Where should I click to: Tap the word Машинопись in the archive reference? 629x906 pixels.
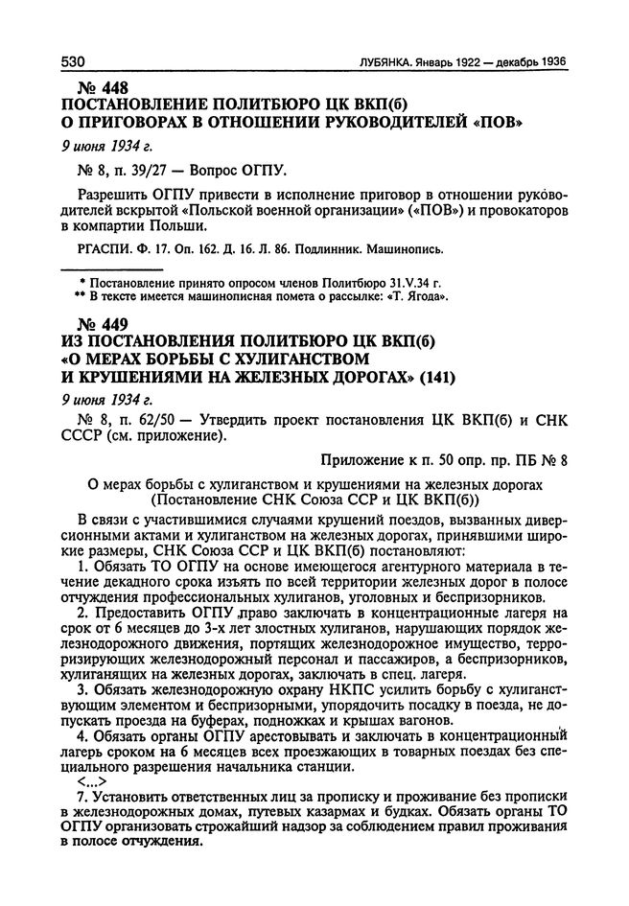click(402, 250)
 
